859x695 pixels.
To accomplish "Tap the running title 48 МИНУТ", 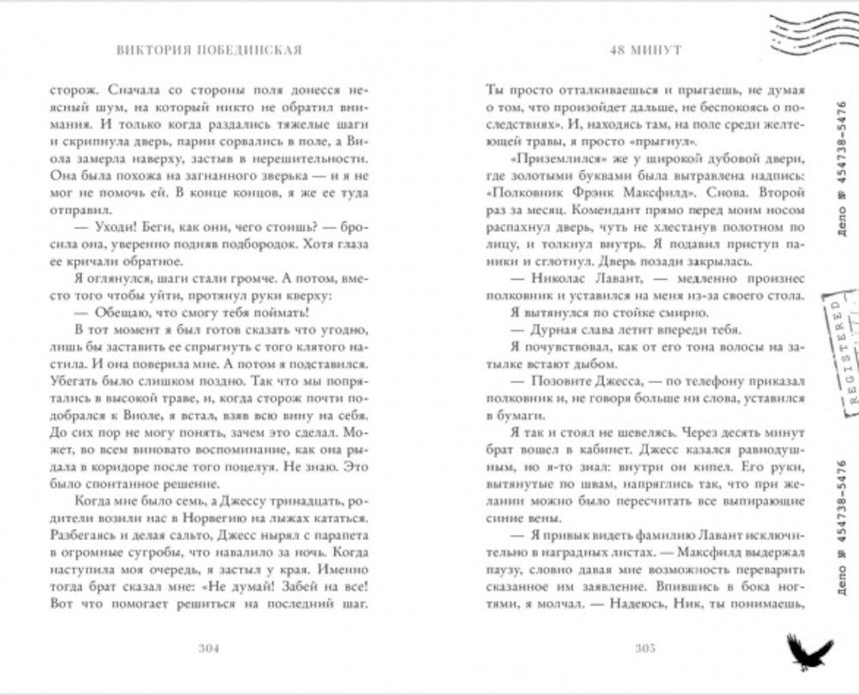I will [x=644, y=50].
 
